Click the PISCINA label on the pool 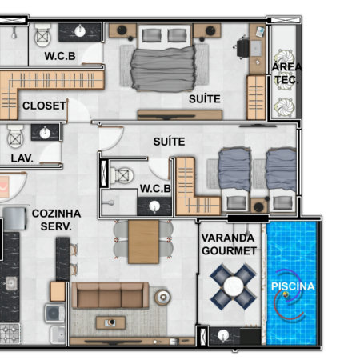click(x=293, y=286)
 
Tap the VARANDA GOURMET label click(x=229, y=244)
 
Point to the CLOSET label click(x=44, y=106)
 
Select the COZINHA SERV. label click(x=56, y=220)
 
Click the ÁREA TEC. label click(x=286, y=72)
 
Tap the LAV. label click(x=22, y=158)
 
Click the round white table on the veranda click(x=234, y=286)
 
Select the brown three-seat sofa click(x=110, y=295)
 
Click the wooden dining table click(x=143, y=242)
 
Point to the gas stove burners click(x=10, y=334)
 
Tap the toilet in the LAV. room click(x=15, y=136)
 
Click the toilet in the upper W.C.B click(x=42, y=35)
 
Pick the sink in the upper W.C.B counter click(x=80, y=31)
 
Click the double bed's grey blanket click(x=163, y=69)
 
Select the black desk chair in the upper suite click(x=242, y=49)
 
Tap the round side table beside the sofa click(x=162, y=296)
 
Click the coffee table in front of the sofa click(x=110, y=322)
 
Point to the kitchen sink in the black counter click(x=11, y=283)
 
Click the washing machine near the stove click(x=54, y=313)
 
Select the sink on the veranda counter click(x=223, y=335)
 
